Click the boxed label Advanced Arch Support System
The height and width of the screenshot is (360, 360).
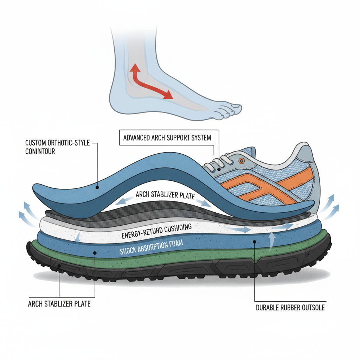point(167,137)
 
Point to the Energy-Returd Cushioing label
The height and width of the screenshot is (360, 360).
point(156,231)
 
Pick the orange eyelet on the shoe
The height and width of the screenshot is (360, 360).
point(241,161)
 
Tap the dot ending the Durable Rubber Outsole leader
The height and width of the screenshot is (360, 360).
point(254,242)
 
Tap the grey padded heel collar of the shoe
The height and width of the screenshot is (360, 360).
point(299,155)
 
